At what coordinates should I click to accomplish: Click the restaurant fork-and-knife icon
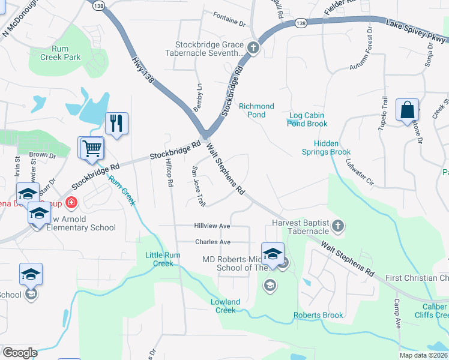click(x=116, y=124)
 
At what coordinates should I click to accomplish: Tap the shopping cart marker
click(x=91, y=148)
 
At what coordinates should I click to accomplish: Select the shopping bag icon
click(x=408, y=110)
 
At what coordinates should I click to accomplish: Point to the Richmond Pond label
click(x=256, y=110)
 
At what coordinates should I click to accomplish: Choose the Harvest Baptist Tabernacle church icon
click(x=338, y=226)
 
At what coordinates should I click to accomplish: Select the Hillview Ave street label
click(x=212, y=226)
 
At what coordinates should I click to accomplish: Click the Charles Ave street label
click(x=212, y=242)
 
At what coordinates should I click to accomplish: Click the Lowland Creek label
click(x=226, y=306)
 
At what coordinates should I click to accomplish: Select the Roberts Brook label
click(x=318, y=315)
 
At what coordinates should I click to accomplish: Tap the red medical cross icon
click(x=72, y=203)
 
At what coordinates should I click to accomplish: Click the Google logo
click(x=20, y=353)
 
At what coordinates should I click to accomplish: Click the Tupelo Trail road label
click(x=385, y=110)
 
